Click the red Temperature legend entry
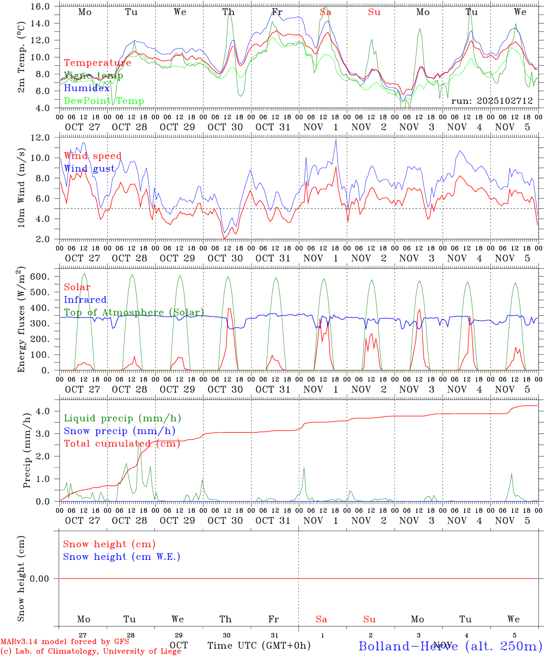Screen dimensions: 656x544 (98, 63)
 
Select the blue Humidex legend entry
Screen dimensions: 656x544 (87, 88)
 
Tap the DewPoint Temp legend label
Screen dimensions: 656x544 (104, 101)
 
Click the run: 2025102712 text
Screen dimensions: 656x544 (492, 101)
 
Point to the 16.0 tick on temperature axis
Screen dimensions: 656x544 (41, 6)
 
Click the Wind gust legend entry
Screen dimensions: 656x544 (89, 169)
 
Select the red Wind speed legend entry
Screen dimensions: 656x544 (92, 156)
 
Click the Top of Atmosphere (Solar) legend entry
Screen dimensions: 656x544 (134, 313)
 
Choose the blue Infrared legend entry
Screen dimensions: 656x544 (85, 300)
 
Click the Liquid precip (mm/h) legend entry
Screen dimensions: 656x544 (122, 418)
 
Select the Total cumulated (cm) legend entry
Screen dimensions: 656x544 (122, 444)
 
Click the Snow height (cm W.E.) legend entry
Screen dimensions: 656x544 (122, 557)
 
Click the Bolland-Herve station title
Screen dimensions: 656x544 (450, 646)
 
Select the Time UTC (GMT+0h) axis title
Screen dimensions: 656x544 (259, 646)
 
